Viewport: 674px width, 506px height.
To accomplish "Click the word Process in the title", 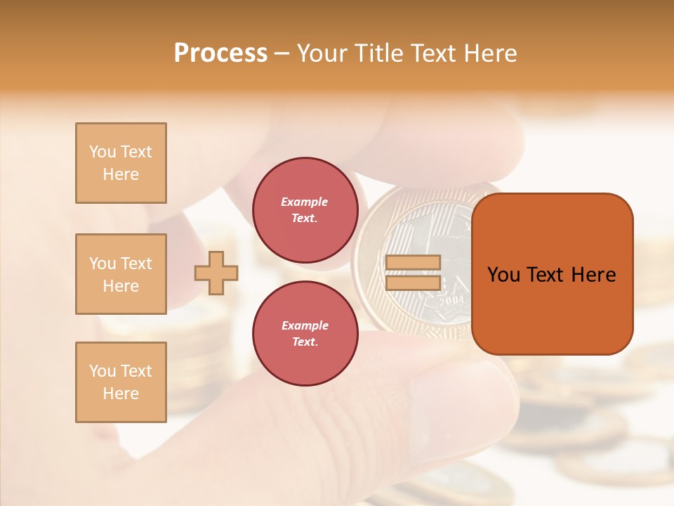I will click(x=220, y=53).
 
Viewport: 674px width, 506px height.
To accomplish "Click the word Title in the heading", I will click(x=378, y=53).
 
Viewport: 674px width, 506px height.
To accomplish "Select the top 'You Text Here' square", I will click(x=121, y=163).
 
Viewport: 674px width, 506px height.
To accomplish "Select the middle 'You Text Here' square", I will click(x=121, y=274).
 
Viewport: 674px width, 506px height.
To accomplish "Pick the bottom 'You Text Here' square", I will click(x=121, y=382).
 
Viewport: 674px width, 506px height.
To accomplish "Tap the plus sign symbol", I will click(x=216, y=273).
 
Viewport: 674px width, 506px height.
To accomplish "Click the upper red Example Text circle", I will click(x=305, y=210).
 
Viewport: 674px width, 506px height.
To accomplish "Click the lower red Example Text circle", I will click(x=305, y=334).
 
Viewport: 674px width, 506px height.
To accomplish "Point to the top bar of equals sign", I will click(x=413, y=262).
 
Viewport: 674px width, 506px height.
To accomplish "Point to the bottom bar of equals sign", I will click(x=413, y=283).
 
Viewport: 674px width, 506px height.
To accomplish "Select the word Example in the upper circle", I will click(x=305, y=202).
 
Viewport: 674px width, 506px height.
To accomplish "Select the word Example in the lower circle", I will click(x=305, y=325).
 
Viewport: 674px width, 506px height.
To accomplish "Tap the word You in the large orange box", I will click(x=503, y=275).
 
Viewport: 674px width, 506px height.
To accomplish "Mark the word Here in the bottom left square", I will click(x=121, y=394).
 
